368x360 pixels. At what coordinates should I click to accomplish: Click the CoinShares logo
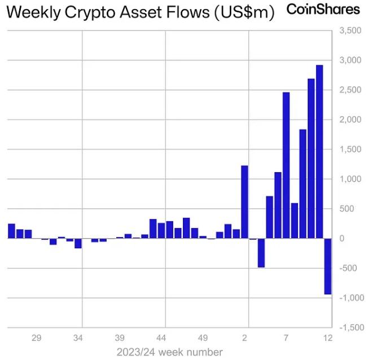(323, 10)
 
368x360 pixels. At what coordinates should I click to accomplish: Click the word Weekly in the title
(33, 12)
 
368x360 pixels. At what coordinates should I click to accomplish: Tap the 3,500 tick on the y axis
(350, 30)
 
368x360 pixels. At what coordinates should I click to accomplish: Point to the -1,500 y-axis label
(352, 327)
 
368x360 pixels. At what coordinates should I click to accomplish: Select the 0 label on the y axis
(341, 238)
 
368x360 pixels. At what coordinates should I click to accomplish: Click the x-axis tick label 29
(36, 338)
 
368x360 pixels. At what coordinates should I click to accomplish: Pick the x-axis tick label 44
(161, 338)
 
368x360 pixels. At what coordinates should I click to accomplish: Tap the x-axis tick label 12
(328, 338)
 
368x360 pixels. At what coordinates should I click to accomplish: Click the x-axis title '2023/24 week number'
(169, 352)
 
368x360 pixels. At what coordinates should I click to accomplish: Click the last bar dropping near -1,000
(328, 266)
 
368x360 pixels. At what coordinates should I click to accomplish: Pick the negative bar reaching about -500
(261, 253)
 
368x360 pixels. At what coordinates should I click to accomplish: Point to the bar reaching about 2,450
(286, 165)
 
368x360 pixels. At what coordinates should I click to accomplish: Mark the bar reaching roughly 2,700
(311, 159)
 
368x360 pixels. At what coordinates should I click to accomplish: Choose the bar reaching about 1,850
(303, 184)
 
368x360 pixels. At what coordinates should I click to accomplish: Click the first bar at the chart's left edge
(11, 231)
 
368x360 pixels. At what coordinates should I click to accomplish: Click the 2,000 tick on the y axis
(350, 120)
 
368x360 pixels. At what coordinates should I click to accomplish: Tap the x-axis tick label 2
(244, 338)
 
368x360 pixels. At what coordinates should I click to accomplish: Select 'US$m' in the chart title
(244, 12)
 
